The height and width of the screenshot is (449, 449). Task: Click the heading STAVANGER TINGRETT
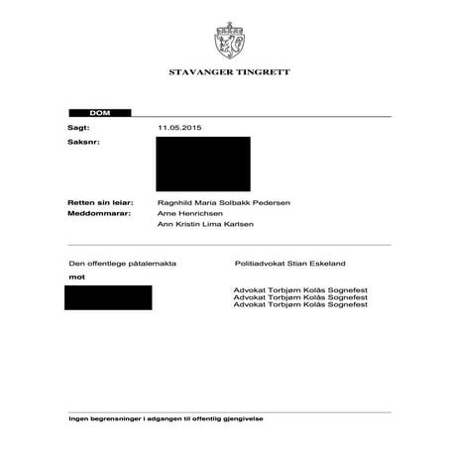(224, 74)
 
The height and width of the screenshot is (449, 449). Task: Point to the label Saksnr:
(83, 143)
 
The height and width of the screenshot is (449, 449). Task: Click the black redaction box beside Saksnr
(204, 165)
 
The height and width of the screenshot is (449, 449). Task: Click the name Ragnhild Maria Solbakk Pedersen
(224, 202)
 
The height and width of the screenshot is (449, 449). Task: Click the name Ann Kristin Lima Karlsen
(205, 225)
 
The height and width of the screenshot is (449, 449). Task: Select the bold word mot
(73, 278)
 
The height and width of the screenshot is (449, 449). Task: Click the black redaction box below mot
(108, 297)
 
